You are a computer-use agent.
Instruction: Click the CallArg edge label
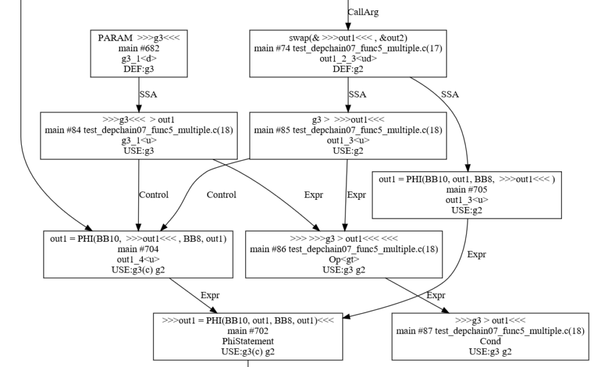(x=364, y=12)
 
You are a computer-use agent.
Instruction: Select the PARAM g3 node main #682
(x=139, y=55)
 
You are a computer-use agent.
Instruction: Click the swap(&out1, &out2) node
(x=348, y=55)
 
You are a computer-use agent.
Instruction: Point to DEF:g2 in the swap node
(x=348, y=70)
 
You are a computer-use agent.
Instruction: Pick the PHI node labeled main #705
(x=467, y=193)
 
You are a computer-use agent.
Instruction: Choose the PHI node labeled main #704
(x=139, y=254)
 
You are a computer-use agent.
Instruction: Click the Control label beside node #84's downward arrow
(x=154, y=195)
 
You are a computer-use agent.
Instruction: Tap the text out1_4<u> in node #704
(x=139, y=259)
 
